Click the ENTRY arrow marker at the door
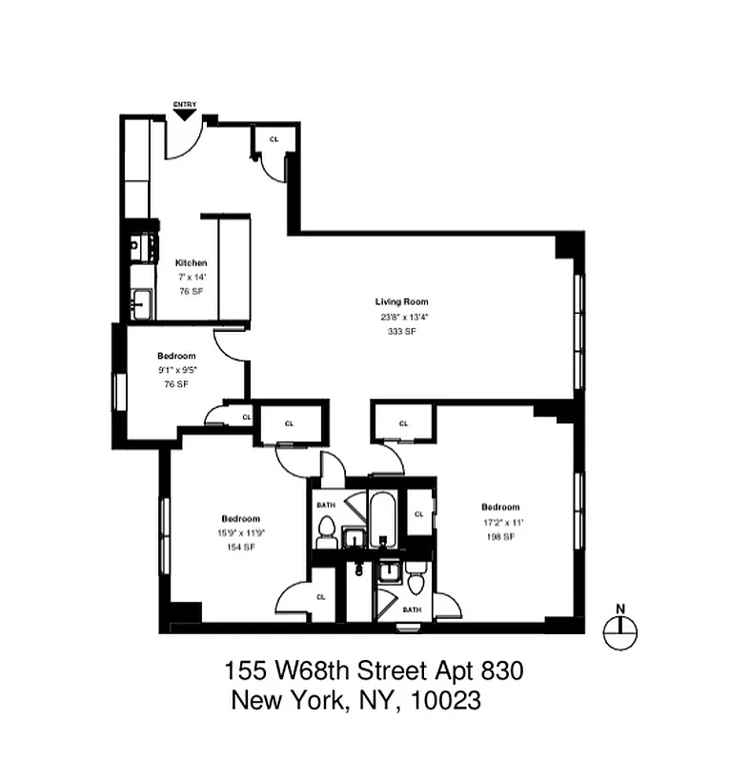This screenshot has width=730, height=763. click(x=184, y=114)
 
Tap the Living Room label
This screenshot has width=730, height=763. click(x=401, y=302)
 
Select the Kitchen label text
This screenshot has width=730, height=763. click(x=191, y=263)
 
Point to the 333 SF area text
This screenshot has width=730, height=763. click(x=401, y=331)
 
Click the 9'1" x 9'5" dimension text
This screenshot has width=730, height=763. click(x=176, y=370)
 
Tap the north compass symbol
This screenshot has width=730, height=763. click(x=620, y=626)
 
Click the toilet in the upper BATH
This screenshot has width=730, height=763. click(x=325, y=532)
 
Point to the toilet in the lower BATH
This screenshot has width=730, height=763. click(x=416, y=582)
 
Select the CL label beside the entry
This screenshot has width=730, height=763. click(x=274, y=139)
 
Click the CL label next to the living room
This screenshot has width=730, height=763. click(x=403, y=423)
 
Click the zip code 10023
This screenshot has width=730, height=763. click(x=445, y=701)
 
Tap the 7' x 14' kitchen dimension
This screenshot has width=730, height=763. click(x=191, y=278)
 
